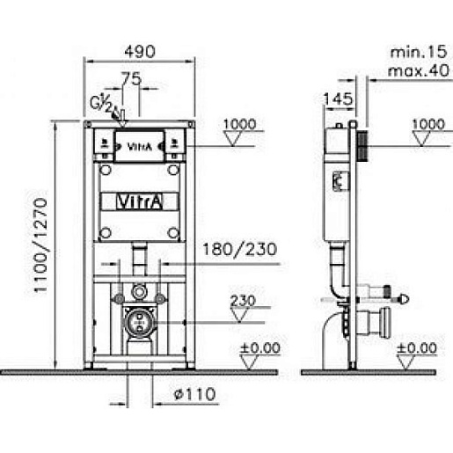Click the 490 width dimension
point(140,52)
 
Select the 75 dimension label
point(131,78)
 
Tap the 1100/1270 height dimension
point(40,245)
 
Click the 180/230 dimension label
point(239,250)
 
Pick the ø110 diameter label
point(194,394)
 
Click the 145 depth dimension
point(338,99)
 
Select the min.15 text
point(419,52)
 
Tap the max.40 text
point(419,70)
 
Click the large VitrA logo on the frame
point(139,201)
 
